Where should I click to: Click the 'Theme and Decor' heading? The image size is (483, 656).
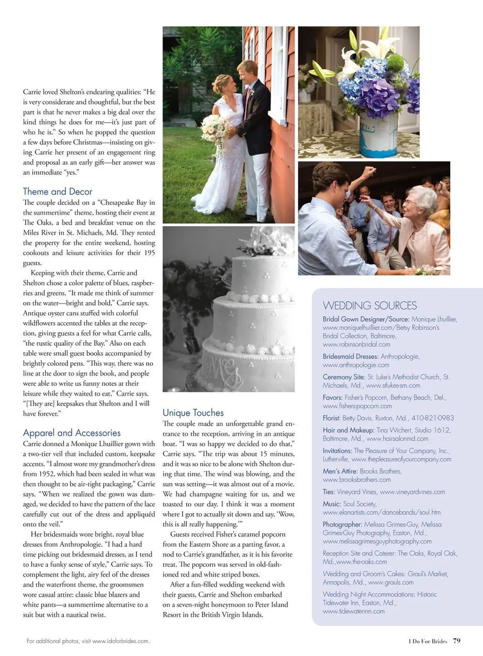click(57, 192)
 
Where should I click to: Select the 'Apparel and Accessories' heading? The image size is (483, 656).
click(71, 433)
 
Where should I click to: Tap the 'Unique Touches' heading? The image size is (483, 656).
click(193, 413)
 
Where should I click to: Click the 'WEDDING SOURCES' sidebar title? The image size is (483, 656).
click(369, 306)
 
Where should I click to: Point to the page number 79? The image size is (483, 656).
click(456, 640)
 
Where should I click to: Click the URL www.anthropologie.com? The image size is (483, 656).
click(356, 365)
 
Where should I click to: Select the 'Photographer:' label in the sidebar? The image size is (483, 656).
click(342, 524)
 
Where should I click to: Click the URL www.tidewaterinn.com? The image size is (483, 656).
click(353, 611)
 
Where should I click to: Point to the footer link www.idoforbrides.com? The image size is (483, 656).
click(121, 641)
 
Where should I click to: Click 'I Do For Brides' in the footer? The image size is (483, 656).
click(427, 641)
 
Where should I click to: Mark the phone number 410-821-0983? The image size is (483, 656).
click(432, 418)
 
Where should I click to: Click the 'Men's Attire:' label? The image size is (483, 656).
click(340, 471)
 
